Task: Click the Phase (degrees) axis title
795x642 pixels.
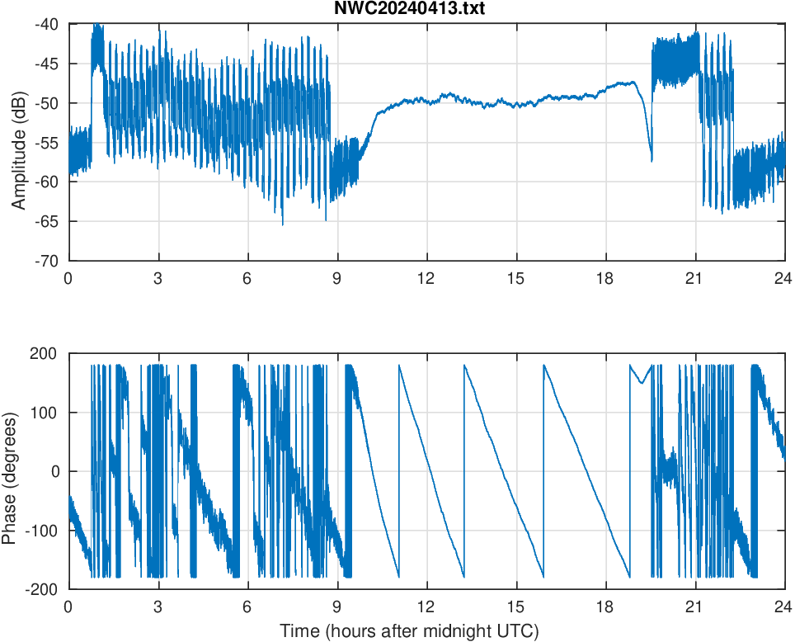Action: (x=10, y=471)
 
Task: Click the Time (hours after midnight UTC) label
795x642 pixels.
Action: (x=409, y=631)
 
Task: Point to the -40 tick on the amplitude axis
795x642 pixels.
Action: (x=47, y=25)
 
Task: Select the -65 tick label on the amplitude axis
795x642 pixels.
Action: (x=47, y=221)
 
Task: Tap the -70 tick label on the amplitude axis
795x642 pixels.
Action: (x=47, y=260)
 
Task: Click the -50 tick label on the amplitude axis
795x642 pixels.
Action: (x=47, y=103)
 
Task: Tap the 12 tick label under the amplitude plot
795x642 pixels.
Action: (x=426, y=278)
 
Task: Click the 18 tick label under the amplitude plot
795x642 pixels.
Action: (x=605, y=278)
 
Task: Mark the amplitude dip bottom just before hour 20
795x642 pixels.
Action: (x=652, y=161)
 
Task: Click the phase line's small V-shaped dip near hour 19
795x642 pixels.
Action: (x=642, y=383)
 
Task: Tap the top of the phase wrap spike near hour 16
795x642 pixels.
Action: (x=544, y=365)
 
